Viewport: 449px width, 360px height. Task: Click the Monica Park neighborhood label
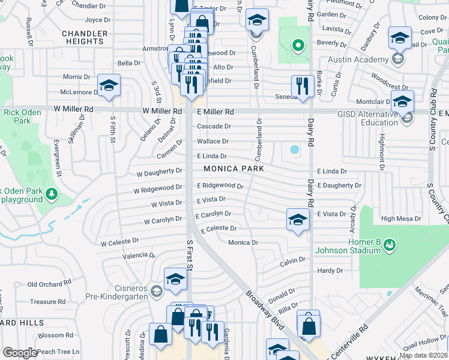234,169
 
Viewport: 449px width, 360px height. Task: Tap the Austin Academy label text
358,60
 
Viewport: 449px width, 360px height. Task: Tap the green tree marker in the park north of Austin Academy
296,45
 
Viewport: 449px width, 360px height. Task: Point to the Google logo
20,353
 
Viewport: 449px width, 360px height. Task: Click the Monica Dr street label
243,242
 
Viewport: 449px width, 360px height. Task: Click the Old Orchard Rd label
50,284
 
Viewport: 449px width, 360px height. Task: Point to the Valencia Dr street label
134,256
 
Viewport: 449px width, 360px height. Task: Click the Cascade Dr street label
214,127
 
